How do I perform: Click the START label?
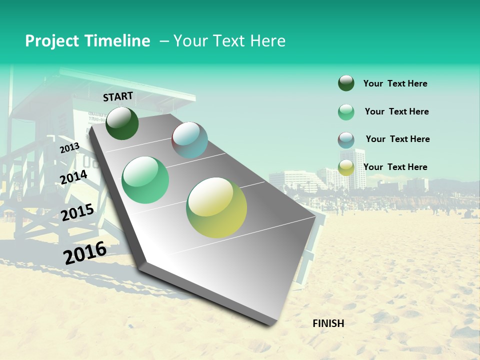(118, 96)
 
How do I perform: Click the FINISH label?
(328, 323)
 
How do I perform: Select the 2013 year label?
(69, 148)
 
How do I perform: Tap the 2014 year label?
(73, 177)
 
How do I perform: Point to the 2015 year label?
(77, 212)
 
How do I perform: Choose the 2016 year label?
(85, 252)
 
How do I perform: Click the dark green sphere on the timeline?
(122, 123)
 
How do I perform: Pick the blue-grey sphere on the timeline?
(189, 140)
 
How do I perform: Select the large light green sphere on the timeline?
(145, 180)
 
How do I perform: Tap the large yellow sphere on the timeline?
(216, 207)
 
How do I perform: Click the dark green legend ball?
(346, 83)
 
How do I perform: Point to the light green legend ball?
(346, 112)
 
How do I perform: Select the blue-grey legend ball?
(346, 140)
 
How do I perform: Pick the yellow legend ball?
(346, 167)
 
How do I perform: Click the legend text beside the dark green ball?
(395, 83)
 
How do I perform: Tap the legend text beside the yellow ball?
(395, 167)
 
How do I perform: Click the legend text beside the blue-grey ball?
(397, 139)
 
